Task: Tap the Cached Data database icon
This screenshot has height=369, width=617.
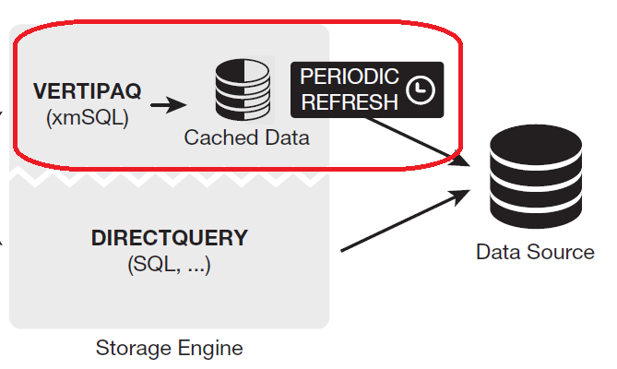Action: pyautogui.click(x=242, y=90)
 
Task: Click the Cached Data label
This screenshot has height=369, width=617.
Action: pyautogui.click(x=246, y=137)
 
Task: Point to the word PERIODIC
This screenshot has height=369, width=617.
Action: pyautogui.click(x=349, y=77)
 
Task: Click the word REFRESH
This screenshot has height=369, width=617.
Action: pyautogui.click(x=349, y=102)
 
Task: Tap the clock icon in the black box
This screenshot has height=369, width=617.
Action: pyautogui.click(x=421, y=90)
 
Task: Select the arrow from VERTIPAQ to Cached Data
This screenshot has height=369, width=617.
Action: pyautogui.click(x=167, y=105)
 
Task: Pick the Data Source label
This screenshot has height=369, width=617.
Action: pyautogui.click(x=535, y=252)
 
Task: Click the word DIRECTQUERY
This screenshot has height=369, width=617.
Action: pyautogui.click(x=170, y=238)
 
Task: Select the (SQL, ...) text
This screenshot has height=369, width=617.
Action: pyautogui.click(x=169, y=265)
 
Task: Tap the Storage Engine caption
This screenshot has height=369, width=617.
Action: pyautogui.click(x=170, y=349)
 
